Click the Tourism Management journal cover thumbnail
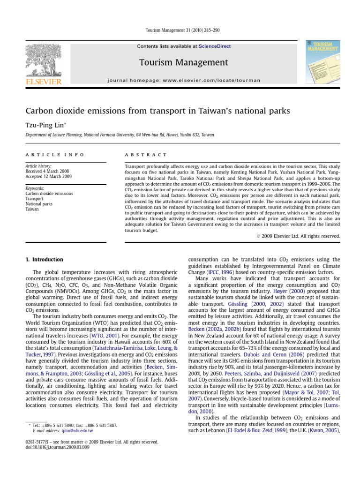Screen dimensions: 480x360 click(322, 62)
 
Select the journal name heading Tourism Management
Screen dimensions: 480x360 click(183, 62)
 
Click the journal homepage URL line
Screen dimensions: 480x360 click(183, 80)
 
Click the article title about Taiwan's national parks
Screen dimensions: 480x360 click(157, 111)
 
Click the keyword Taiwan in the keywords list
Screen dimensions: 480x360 click(32, 209)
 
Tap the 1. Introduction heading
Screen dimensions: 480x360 click(44, 259)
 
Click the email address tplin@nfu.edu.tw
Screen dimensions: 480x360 click(75, 430)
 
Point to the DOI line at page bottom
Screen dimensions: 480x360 click(57, 447)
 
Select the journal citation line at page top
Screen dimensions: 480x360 click(180, 30)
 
